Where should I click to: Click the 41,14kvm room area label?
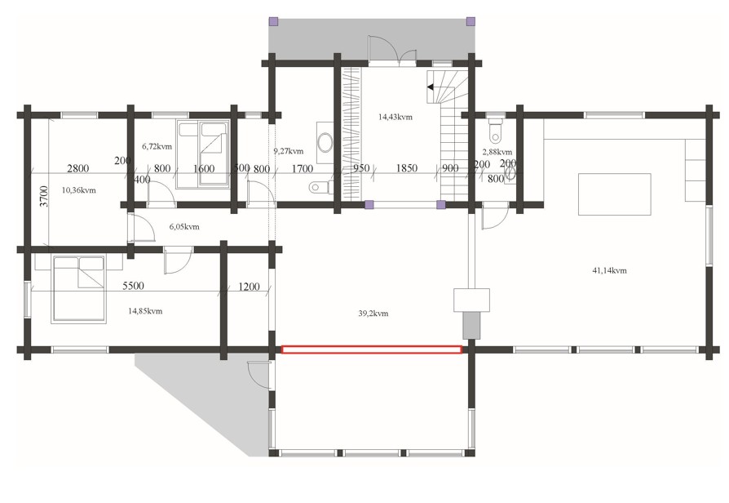[x=609, y=270]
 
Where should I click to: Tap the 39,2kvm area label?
[x=373, y=314]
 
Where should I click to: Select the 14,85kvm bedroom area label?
[x=145, y=311]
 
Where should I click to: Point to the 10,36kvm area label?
[x=78, y=190]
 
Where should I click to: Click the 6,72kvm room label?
[x=157, y=146]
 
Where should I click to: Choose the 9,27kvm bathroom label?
[x=288, y=151]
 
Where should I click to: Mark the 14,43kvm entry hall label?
[x=395, y=117]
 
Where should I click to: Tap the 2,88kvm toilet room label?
[x=497, y=152]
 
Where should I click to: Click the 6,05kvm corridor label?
[x=184, y=227]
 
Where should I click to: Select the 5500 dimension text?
[x=133, y=286]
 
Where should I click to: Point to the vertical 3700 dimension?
[x=44, y=197]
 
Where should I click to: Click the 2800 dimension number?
[x=77, y=168]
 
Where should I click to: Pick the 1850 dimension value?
[x=406, y=167]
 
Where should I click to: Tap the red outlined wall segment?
[x=372, y=349]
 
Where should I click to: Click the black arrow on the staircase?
[x=430, y=87]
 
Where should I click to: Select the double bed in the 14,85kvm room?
[x=78, y=289]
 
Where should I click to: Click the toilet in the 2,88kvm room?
[x=496, y=130]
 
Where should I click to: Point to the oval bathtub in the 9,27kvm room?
[x=325, y=141]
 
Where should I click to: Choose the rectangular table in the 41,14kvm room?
[x=614, y=194]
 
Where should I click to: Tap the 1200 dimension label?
[x=249, y=287]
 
